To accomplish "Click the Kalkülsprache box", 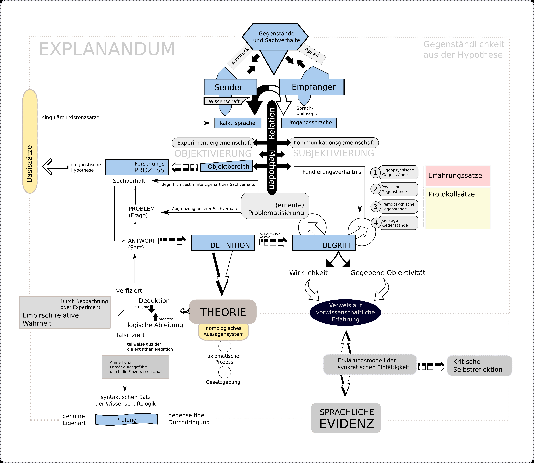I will pyautogui.click(x=238, y=123).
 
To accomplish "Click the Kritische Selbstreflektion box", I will pyautogui.click(x=479, y=366).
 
